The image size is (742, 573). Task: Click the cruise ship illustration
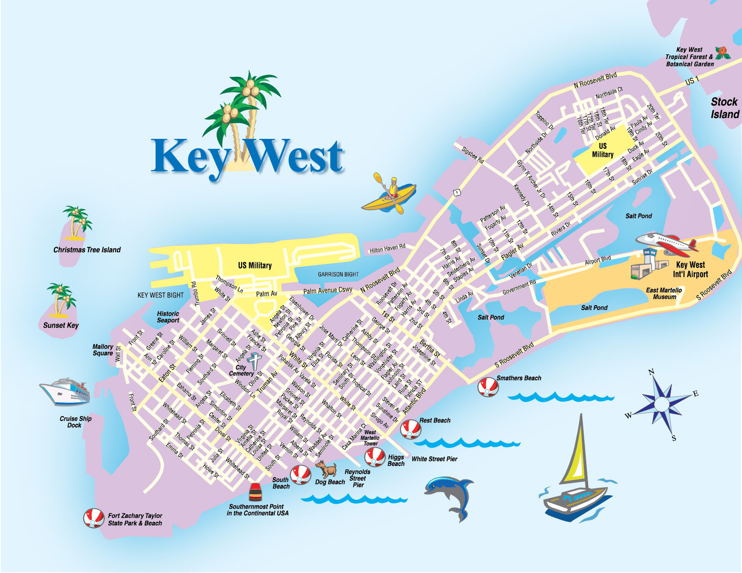pos(65,391)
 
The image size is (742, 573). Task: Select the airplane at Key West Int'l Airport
pos(668,243)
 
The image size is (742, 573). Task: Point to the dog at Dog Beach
pos(327,470)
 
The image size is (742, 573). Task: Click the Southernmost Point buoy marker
pos(255,492)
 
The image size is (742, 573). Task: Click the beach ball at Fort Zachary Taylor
pos(94,518)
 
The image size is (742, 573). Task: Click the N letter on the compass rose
pos(651,372)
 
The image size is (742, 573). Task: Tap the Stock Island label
pos(724,108)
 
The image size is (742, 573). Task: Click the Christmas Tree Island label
pos(87,250)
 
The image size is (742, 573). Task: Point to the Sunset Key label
pos(61,325)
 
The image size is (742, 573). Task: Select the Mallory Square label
pos(103,350)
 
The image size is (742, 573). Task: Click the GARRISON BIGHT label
pos(338,274)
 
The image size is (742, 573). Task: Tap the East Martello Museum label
pos(664,293)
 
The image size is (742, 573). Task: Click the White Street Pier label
pos(434,459)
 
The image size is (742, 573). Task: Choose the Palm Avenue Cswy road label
pos(327,290)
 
